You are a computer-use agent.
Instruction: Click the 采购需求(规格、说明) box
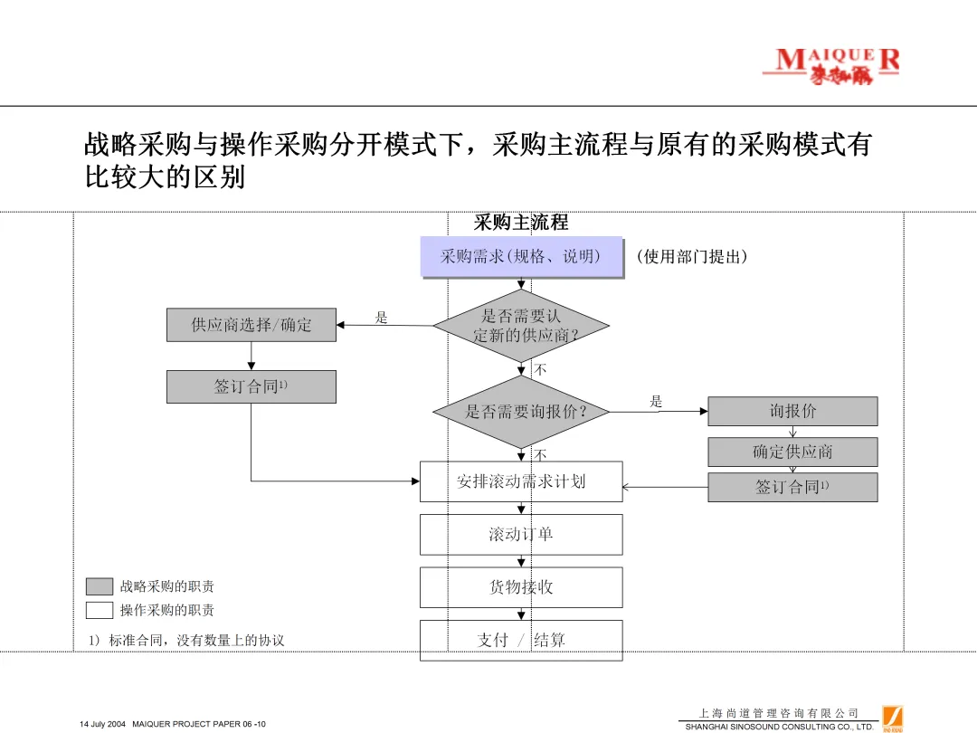click(x=521, y=256)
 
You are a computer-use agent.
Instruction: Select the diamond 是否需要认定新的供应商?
click(x=521, y=326)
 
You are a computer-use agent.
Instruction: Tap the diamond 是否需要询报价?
click(x=521, y=412)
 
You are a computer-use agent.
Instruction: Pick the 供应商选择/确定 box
click(x=251, y=325)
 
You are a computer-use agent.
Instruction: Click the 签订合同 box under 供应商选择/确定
click(x=251, y=386)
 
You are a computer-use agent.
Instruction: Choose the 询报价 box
click(x=792, y=411)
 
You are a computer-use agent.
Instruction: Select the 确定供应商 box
click(x=792, y=452)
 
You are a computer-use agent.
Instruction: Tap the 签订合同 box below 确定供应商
click(x=792, y=487)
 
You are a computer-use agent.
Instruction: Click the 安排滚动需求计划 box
click(x=521, y=481)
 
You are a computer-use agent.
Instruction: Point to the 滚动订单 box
click(x=521, y=534)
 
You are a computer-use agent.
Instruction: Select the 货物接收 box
click(x=521, y=587)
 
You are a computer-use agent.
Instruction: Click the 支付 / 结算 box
click(x=521, y=640)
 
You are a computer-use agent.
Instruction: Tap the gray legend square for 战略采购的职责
click(x=100, y=586)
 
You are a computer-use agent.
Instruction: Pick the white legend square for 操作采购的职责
click(x=100, y=610)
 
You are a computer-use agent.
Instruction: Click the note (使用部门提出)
click(x=692, y=257)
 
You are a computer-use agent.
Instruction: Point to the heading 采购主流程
click(x=521, y=223)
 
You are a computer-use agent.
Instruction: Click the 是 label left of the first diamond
click(x=381, y=318)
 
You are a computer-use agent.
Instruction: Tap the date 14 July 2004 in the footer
click(x=102, y=724)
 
